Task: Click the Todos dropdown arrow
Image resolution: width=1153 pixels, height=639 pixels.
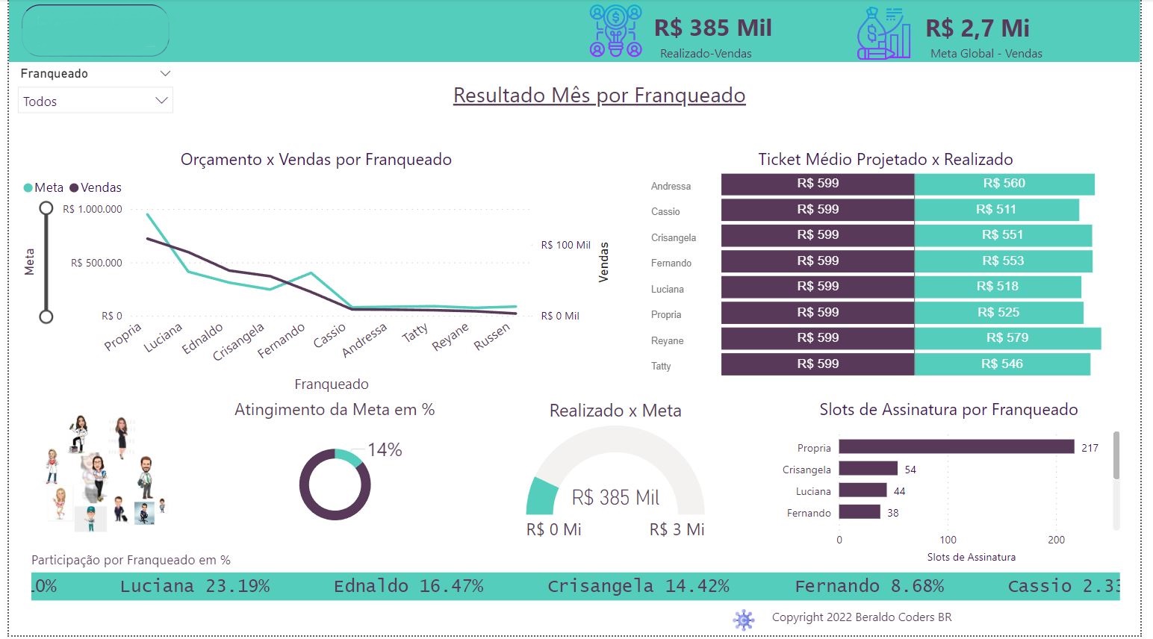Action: pyautogui.click(x=161, y=101)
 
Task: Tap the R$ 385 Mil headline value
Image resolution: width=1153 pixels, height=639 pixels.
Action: pyautogui.click(x=712, y=28)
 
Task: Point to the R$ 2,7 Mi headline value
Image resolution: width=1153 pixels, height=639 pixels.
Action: pyautogui.click(x=977, y=28)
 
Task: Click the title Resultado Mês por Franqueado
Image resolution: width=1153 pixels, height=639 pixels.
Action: pyautogui.click(x=599, y=96)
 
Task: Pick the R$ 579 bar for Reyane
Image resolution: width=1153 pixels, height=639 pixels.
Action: pyautogui.click(x=1007, y=338)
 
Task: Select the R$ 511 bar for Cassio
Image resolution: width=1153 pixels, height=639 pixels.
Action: pyautogui.click(x=996, y=210)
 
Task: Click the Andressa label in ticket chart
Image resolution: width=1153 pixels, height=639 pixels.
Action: pyautogui.click(x=671, y=187)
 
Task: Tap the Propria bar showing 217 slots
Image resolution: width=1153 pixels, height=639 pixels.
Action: pyautogui.click(x=956, y=446)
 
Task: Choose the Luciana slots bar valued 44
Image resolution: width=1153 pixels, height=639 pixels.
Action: pyautogui.click(x=863, y=490)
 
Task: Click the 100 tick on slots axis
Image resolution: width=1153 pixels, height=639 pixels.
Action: pyautogui.click(x=948, y=540)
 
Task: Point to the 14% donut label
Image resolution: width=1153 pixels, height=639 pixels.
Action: pyautogui.click(x=385, y=449)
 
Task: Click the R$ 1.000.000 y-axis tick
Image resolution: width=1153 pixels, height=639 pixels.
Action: pyautogui.click(x=93, y=210)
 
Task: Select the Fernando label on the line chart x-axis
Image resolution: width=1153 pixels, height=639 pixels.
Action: pyautogui.click(x=282, y=340)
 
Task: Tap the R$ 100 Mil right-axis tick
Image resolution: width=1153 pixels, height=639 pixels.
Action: pyautogui.click(x=565, y=245)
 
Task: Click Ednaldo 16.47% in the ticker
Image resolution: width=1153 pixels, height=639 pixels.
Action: pyautogui.click(x=408, y=586)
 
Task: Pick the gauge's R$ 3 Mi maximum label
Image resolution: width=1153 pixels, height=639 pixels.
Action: pyautogui.click(x=677, y=529)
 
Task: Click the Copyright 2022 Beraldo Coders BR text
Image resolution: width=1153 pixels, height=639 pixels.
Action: pyautogui.click(x=862, y=617)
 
